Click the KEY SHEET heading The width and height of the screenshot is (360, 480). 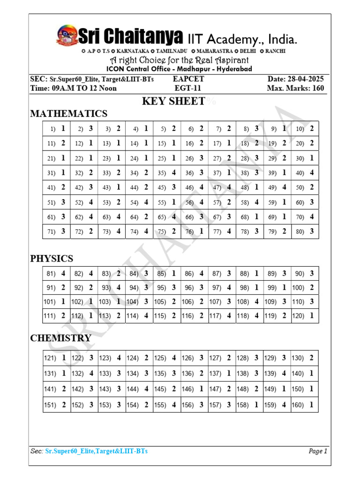coord(173,101)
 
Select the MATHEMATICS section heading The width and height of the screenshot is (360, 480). coord(69,113)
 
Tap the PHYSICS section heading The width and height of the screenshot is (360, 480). coord(52,258)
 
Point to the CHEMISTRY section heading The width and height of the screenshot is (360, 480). coord(61,338)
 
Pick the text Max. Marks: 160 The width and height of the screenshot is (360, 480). coord(295,88)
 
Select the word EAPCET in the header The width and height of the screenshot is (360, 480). coord(188,79)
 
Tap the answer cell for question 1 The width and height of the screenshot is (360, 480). coord(57,128)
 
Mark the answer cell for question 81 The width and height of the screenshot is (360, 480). coord(57,273)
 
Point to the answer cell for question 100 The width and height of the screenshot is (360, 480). coord(304,287)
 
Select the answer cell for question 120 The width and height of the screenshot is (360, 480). coord(304,316)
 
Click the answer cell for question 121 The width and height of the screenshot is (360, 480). coord(57,358)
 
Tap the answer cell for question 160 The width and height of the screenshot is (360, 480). coord(304,405)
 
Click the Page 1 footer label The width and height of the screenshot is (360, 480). coord(318,451)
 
